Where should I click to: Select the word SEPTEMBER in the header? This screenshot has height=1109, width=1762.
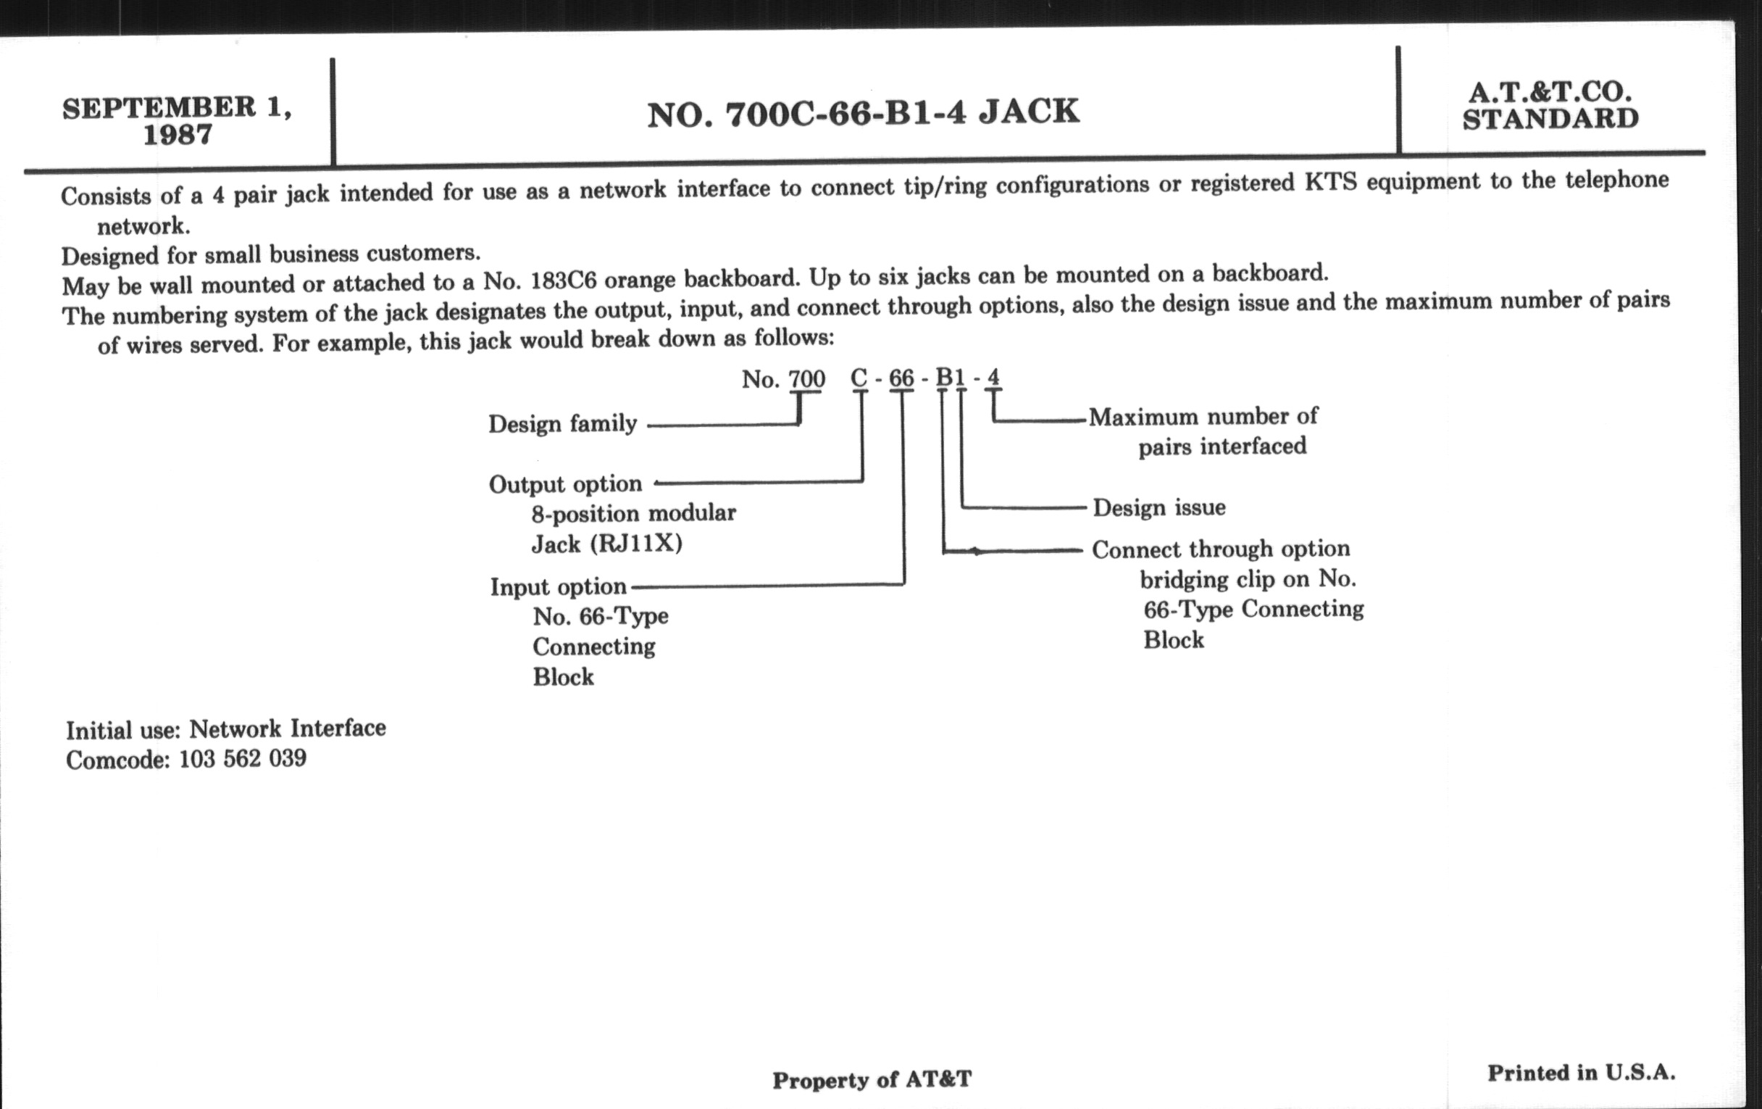tap(159, 108)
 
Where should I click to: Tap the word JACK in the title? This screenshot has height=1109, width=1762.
tap(1029, 112)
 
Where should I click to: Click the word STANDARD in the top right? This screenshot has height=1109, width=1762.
tap(1550, 120)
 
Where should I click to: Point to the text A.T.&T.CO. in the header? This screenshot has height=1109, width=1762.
tap(1550, 92)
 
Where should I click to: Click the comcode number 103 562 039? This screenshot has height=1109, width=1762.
tap(243, 758)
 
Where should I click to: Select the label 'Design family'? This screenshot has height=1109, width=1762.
tap(563, 424)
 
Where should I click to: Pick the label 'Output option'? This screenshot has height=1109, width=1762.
tap(566, 484)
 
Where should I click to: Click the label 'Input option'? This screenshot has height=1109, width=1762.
tap(559, 587)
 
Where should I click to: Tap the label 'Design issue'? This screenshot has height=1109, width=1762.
tap(1159, 507)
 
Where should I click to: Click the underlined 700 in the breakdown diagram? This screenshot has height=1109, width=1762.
tap(806, 379)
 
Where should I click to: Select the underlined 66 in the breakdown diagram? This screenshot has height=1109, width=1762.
tap(901, 378)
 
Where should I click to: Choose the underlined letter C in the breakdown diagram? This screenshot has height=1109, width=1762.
tap(859, 378)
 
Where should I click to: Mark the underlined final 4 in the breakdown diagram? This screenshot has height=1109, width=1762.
tap(993, 378)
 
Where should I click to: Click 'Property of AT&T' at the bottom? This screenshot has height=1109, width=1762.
tap(872, 1080)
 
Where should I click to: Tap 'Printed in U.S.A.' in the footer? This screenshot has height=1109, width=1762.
tap(1582, 1073)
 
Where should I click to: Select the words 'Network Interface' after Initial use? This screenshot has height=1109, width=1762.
tap(288, 728)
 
